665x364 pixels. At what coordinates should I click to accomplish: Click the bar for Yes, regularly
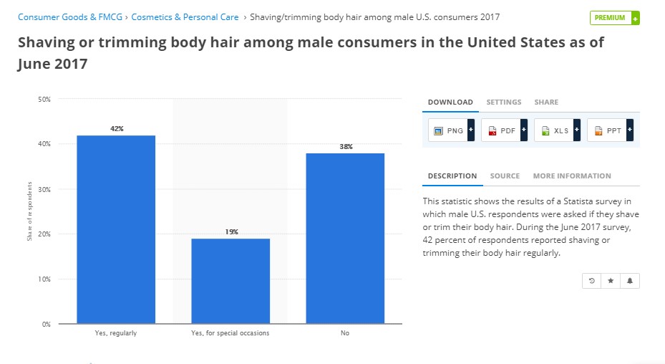(116, 229)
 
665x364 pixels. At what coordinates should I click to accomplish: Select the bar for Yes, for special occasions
(230, 281)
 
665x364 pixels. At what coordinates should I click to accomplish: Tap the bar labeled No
(346, 238)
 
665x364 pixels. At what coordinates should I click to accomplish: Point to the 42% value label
(117, 129)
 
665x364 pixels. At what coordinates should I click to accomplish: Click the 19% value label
(231, 232)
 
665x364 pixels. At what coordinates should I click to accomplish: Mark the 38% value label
(346, 147)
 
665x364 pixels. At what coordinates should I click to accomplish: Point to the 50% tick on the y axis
(44, 99)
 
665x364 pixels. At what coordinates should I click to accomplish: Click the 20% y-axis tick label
(44, 234)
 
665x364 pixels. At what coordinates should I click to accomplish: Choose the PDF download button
(504, 130)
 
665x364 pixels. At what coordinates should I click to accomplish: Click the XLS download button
(557, 130)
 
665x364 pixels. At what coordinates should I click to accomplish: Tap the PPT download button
(610, 130)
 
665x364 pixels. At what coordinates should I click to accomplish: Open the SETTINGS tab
(504, 102)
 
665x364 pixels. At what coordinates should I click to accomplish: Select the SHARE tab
(546, 102)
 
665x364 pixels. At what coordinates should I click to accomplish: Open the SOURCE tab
(505, 176)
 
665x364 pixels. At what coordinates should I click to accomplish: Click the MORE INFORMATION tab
(572, 176)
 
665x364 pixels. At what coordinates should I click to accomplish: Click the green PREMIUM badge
(614, 18)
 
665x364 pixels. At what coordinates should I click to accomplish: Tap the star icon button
(611, 281)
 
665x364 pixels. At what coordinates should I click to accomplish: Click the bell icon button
(630, 281)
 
